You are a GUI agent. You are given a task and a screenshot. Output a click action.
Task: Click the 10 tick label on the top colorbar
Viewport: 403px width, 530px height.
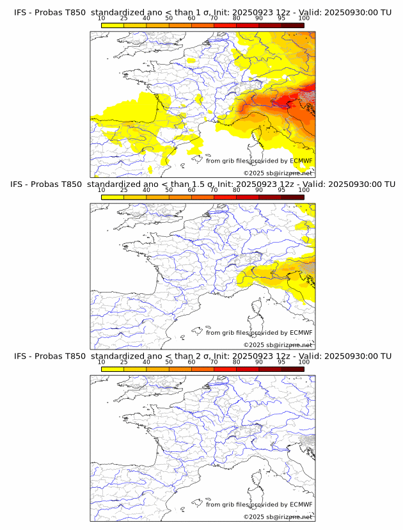(102, 18)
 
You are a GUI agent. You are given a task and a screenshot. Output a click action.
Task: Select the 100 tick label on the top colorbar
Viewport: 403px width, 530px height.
(304, 18)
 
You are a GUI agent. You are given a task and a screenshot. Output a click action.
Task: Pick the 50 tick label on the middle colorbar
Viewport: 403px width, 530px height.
(169, 190)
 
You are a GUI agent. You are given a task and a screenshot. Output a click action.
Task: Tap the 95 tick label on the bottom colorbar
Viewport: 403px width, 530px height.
(281, 362)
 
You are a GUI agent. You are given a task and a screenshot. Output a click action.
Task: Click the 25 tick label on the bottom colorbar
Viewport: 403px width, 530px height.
(124, 362)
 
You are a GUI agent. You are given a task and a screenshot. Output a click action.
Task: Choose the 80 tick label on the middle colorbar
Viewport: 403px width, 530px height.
(237, 190)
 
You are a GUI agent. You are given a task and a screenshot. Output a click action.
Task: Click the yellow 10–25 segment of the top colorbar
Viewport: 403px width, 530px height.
(113, 25)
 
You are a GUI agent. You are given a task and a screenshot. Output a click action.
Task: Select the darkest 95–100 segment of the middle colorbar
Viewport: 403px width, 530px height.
(292, 197)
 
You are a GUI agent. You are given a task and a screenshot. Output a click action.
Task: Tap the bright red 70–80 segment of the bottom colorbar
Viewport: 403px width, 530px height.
(225, 369)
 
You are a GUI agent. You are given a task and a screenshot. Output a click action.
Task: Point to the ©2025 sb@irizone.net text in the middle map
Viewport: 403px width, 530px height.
(278, 345)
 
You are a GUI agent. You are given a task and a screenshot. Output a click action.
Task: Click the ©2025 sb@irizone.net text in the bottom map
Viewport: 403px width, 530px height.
(278, 517)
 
